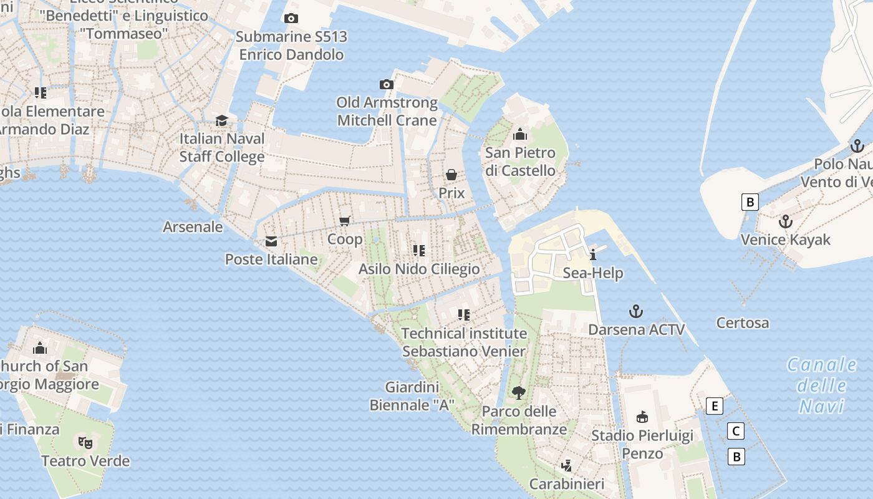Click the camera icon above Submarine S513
click(x=291, y=19)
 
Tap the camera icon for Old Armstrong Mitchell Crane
click(x=387, y=84)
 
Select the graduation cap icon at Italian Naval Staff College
click(x=221, y=120)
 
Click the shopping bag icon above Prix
click(x=451, y=175)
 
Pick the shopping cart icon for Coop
click(x=344, y=221)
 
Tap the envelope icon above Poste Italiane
click(x=271, y=241)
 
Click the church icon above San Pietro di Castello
click(x=520, y=134)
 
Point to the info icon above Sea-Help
click(x=592, y=254)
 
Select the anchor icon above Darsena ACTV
click(x=635, y=311)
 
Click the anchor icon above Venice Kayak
click(x=786, y=221)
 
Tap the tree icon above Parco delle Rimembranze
click(x=518, y=392)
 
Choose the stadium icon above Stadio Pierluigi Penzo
click(x=642, y=417)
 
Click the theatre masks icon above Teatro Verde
click(x=85, y=442)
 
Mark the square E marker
click(x=715, y=407)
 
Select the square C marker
click(x=736, y=431)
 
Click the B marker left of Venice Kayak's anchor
click(x=750, y=202)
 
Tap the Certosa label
click(x=742, y=323)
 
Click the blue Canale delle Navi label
click(x=822, y=385)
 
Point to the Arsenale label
click(x=193, y=226)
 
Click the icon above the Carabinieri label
click(x=567, y=465)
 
